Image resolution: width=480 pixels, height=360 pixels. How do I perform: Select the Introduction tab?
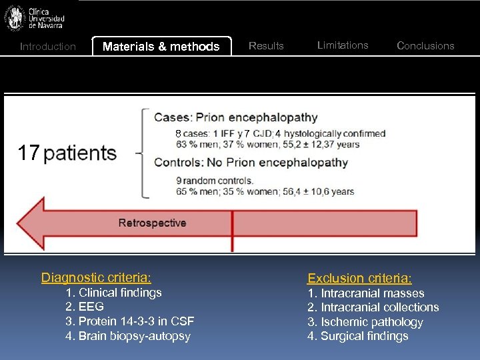pyautogui.click(x=48, y=46)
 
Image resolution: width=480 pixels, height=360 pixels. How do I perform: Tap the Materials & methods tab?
pyautogui.click(x=161, y=46)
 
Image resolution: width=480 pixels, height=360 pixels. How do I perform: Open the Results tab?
pyautogui.click(x=266, y=45)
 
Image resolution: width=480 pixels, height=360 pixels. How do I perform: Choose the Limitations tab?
pyautogui.click(x=343, y=45)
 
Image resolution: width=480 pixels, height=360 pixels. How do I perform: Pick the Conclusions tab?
pyautogui.click(x=425, y=45)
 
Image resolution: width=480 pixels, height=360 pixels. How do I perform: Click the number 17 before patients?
pyautogui.click(x=29, y=153)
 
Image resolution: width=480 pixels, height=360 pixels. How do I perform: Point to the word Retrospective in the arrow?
pyautogui.click(x=152, y=223)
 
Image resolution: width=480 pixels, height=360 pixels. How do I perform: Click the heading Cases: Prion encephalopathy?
pyautogui.click(x=235, y=117)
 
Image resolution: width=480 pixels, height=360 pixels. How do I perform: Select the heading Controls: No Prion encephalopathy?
pyautogui.click(x=251, y=162)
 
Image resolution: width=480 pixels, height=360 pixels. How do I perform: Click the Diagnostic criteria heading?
pyautogui.click(x=96, y=277)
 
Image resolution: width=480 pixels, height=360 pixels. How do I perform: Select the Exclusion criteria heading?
pyautogui.click(x=359, y=278)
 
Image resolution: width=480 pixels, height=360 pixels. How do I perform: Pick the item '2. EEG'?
pyautogui.click(x=85, y=307)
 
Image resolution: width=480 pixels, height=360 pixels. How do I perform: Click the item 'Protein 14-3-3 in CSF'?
pyautogui.click(x=136, y=321)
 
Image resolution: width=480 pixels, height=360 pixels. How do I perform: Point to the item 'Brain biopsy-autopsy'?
pyautogui.click(x=134, y=336)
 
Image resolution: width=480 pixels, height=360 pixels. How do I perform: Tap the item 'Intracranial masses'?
pyautogui.click(x=372, y=293)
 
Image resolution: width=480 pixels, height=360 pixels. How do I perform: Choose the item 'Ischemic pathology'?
pyautogui.click(x=371, y=322)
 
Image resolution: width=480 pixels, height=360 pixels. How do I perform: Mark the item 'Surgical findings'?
pyautogui.click(x=364, y=336)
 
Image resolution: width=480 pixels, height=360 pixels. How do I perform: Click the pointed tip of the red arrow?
pyautogui.click(x=17, y=223)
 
